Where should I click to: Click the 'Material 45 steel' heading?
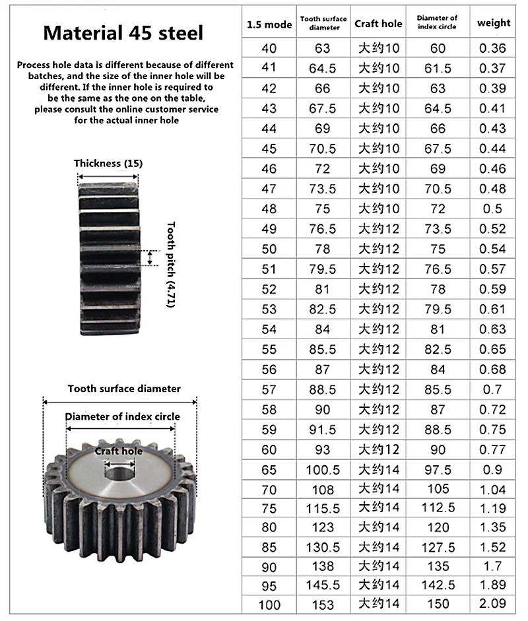[x=123, y=33]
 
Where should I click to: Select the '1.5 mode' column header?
[x=269, y=25]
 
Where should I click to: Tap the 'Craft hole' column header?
[x=378, y=24]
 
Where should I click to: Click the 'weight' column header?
[x=494, y=23]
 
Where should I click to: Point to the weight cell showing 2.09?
[x=494, y=604]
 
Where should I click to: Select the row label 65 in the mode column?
[x=269, y=470]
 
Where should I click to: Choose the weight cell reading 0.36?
[x=494, y=48]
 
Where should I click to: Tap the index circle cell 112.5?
[x=438, y=509]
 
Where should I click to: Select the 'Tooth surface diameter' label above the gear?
[x=123, y=389]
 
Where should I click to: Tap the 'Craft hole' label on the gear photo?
[x=119, y=451]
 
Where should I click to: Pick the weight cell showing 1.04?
[x=494, y=490]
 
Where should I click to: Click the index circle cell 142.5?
[x=438, y=584]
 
